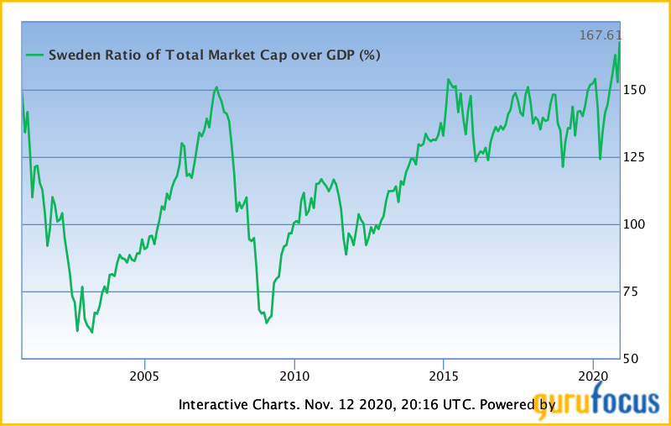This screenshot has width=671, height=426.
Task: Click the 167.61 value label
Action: pos(599,35)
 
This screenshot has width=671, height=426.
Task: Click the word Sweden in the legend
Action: pos(72,55)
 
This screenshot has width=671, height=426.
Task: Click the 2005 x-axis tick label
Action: pos(144,374)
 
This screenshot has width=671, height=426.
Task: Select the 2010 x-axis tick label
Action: pos(294,374)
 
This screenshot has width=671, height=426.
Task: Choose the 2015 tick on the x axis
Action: pos(444,374)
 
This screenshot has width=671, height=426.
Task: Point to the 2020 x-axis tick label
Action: pos(593,374)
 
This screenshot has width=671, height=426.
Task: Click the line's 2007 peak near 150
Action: pos(216,87)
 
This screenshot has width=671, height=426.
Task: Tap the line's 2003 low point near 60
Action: pos(92,332)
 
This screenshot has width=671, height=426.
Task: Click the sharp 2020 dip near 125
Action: pos(600,158)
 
